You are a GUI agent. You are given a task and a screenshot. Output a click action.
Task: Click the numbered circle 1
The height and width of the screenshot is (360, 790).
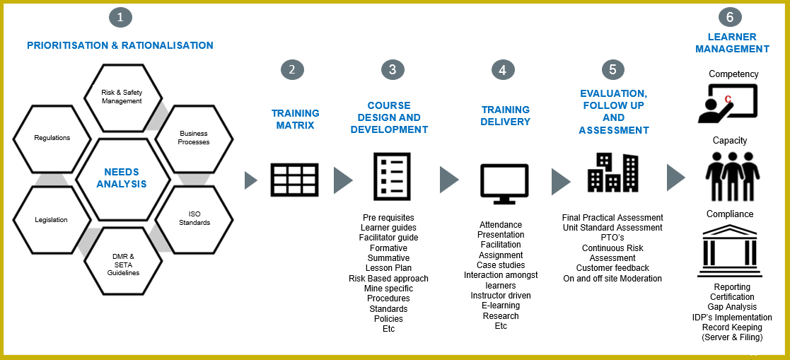tap(120, 17)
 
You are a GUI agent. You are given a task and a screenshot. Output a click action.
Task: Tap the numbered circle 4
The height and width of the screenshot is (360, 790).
tap(502, 70)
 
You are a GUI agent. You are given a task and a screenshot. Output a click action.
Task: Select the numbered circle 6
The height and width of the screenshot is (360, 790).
tap(730, 17)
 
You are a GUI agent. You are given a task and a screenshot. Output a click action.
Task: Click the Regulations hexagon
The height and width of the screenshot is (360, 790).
tap(52, 138)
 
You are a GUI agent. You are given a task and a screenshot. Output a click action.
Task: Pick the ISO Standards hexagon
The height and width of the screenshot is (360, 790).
tap(194, 219)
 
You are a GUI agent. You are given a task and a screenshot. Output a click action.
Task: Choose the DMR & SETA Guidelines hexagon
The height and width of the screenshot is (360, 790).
tap(123, 261)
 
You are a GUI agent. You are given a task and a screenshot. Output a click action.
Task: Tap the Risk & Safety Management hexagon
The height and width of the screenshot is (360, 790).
tap(123, 97)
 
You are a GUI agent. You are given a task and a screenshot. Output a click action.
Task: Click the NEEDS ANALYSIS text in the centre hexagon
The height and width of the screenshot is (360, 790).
tap(122, 178)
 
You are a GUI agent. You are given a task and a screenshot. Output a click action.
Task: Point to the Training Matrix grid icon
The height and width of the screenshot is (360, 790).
tap(295, 180)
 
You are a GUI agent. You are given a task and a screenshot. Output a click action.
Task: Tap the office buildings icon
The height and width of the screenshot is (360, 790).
tap(612, 172)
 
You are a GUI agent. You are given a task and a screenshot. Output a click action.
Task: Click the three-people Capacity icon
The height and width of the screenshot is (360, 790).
tap(733, 176)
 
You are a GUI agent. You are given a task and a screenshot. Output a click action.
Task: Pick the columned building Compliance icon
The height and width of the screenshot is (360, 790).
tap(730, 251)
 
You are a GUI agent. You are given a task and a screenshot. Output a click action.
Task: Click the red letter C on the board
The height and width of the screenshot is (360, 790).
tap(728, 100)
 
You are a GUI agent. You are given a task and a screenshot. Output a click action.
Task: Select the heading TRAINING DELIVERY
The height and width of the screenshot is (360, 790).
tap(506, 116)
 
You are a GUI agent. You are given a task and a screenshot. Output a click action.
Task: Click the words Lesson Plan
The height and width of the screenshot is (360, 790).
tap(388, 268)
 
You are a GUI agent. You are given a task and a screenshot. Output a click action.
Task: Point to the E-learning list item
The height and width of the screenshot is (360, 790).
tap(501, 306)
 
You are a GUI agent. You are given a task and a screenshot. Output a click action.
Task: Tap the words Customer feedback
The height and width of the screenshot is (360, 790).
tap(612, 268)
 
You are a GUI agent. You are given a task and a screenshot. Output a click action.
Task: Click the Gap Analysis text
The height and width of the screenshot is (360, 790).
tap(732, 307)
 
